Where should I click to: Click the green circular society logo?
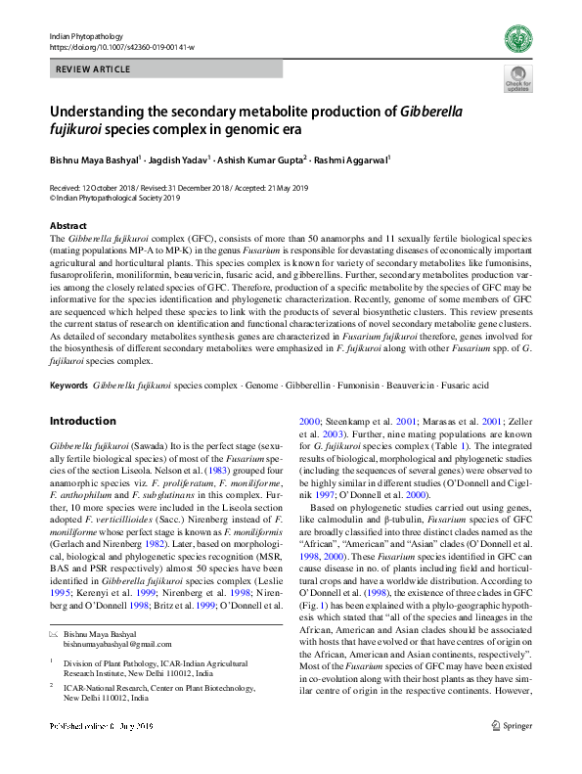pos(516,39)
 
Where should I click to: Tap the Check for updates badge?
pos(515,79)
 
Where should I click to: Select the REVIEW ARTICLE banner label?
pos(92,69)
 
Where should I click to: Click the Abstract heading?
pos(67,223)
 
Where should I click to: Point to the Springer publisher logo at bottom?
pos(514,753)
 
